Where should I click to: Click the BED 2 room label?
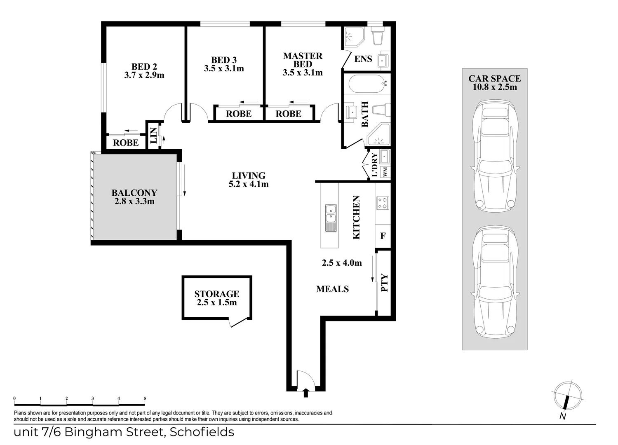pos(144,66)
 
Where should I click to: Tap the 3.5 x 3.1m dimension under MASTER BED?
pos(302,73)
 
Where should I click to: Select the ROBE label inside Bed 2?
pos(126,143)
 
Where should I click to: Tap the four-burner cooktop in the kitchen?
pos(382,202)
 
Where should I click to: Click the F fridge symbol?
pos(383,236)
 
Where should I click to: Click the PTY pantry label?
pos(384,283)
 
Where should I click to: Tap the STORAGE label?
pos(216,294)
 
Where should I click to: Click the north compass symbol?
pos(567,396)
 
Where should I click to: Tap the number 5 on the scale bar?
pos(145,398)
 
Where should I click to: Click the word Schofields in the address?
pos(202,432)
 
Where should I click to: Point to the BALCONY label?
pos(134,192)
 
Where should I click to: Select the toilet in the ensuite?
pos(377,36)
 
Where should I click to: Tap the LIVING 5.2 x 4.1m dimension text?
pos(249,184)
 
